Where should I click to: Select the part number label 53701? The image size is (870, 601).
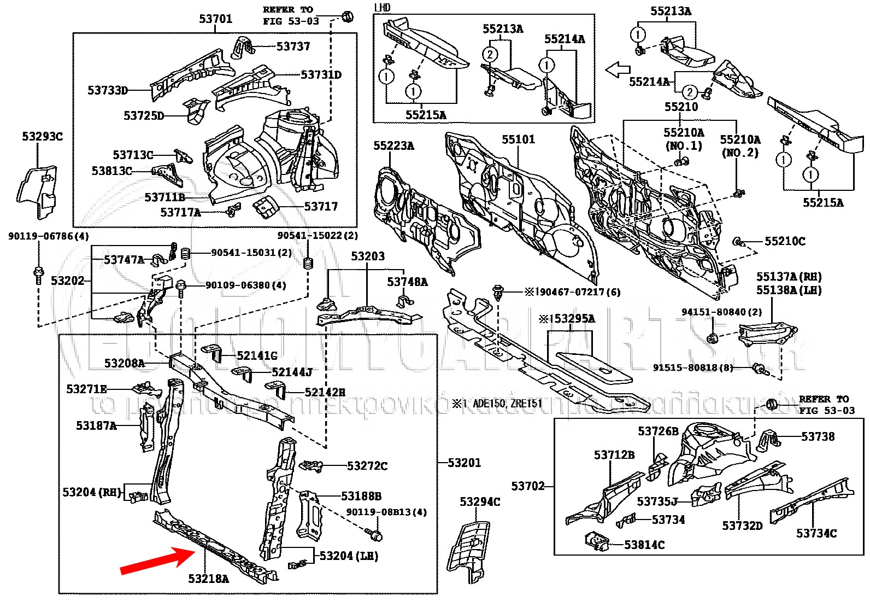[x=215, y=19]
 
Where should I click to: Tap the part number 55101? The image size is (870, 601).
[x=518, y=139]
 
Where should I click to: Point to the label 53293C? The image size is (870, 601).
[x=42, y=137]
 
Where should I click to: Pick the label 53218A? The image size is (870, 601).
[x=208, y=579]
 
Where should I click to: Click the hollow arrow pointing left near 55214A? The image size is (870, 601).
[x=618, y=70]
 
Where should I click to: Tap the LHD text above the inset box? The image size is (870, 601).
[x=383, y=8]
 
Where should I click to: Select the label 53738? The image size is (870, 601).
[x=818, y=436]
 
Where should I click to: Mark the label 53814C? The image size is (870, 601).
[x=644, y=545]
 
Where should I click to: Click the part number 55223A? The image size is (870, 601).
[x=393, y=145]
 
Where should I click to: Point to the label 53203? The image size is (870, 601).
[x=367, y=256]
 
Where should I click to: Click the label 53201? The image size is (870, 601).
[x=464, y=463]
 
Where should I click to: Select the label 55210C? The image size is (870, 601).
[x=784, y=241]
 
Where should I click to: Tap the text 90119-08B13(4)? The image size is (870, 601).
[x=386, y=512]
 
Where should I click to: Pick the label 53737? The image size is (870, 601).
[x=293, y=46]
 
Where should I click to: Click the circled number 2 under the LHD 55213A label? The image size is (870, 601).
[x=490, y=54]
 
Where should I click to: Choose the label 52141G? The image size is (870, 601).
[x=257, y=356]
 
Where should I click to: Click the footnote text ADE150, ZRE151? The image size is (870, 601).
[x=507, y=404]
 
